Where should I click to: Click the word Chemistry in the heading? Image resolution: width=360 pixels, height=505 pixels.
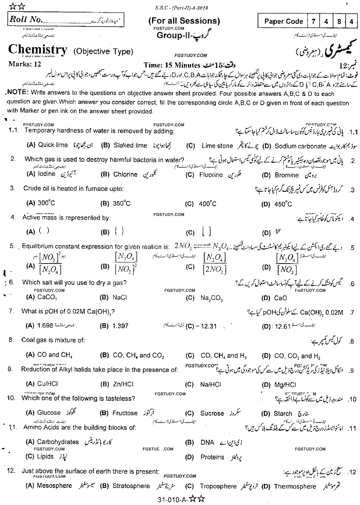coord(38,50)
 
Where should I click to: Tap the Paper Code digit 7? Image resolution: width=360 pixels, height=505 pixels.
coord(313,22)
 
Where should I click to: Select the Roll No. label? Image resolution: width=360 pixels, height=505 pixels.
coord(26,20)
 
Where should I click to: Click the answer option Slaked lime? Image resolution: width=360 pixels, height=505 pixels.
coord(130,145)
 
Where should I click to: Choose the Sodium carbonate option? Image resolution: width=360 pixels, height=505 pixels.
coord(300,146)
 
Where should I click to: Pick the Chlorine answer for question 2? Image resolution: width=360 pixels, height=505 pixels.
coord(125,174)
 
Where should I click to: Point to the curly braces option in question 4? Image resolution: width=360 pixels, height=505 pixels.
coord(119,231)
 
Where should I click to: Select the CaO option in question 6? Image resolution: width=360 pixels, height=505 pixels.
coord(281,298)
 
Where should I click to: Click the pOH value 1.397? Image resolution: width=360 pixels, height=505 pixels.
coord(120,326)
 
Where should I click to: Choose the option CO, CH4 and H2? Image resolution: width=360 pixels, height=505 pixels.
coord(223,356)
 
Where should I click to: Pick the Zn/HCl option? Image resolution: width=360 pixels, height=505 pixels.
coord(123,384)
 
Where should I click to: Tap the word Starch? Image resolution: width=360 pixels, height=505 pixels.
coord(283,414)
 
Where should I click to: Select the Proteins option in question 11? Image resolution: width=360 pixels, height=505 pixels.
coord(212,457)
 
